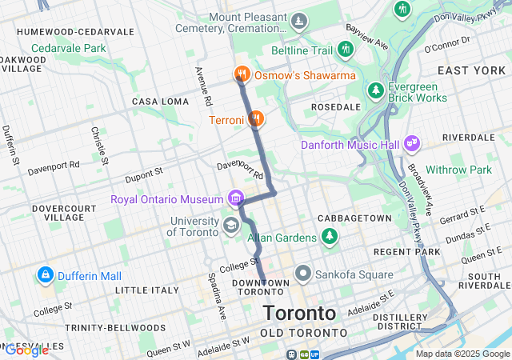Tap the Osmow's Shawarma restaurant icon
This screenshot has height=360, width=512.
(x=241, y=75)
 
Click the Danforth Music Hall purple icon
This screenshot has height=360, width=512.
(x=412, y=144)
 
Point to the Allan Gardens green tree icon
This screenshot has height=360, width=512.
(x=329, y=236)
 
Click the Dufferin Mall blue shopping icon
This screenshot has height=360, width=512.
(x=45, y=276)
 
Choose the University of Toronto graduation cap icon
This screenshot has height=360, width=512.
(x=231, y=226)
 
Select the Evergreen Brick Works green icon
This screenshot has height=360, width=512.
(x=374, y=91)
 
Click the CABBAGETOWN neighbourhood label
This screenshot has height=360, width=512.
(x=354, y=218)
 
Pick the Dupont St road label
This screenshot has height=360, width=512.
(x=143, y=171)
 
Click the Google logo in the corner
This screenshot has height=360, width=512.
(x=26, y=350)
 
